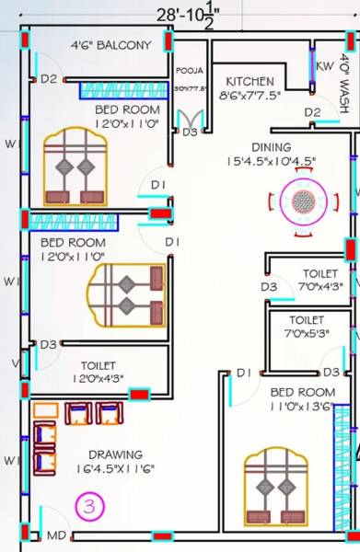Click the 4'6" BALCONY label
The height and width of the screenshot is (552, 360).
(111, 45)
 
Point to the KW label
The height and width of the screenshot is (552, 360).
(325, 66)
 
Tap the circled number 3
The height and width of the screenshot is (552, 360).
(89, 505)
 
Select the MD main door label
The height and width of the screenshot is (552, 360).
(56, 535)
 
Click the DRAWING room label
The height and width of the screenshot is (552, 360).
(115, 454)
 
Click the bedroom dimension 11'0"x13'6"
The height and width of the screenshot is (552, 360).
(302, 407)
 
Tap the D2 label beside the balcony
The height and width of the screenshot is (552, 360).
(49, 79)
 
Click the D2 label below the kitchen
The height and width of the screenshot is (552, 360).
(313, 112)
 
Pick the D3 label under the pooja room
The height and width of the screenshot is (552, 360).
(190, 132)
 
